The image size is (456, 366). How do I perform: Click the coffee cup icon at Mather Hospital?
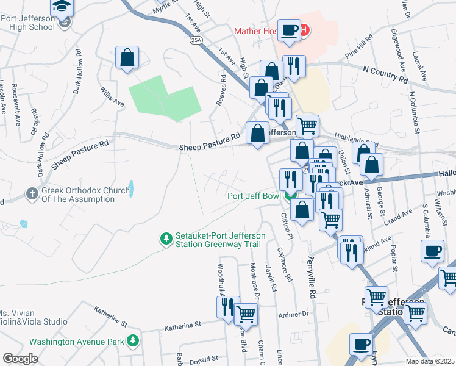click(290, 30)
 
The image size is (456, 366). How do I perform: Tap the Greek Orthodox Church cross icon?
click(32, 193)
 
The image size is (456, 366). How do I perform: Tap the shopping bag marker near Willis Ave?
click(127, 59)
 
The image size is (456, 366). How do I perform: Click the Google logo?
click(20, 359)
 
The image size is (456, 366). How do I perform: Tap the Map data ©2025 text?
click(430, 361)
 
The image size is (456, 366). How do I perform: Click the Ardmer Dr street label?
click(294, 315)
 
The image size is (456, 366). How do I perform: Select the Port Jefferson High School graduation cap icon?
click(61, 7)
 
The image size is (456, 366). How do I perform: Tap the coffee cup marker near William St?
click(432, 251)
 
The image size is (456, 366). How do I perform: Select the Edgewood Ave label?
click(398, 48)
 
